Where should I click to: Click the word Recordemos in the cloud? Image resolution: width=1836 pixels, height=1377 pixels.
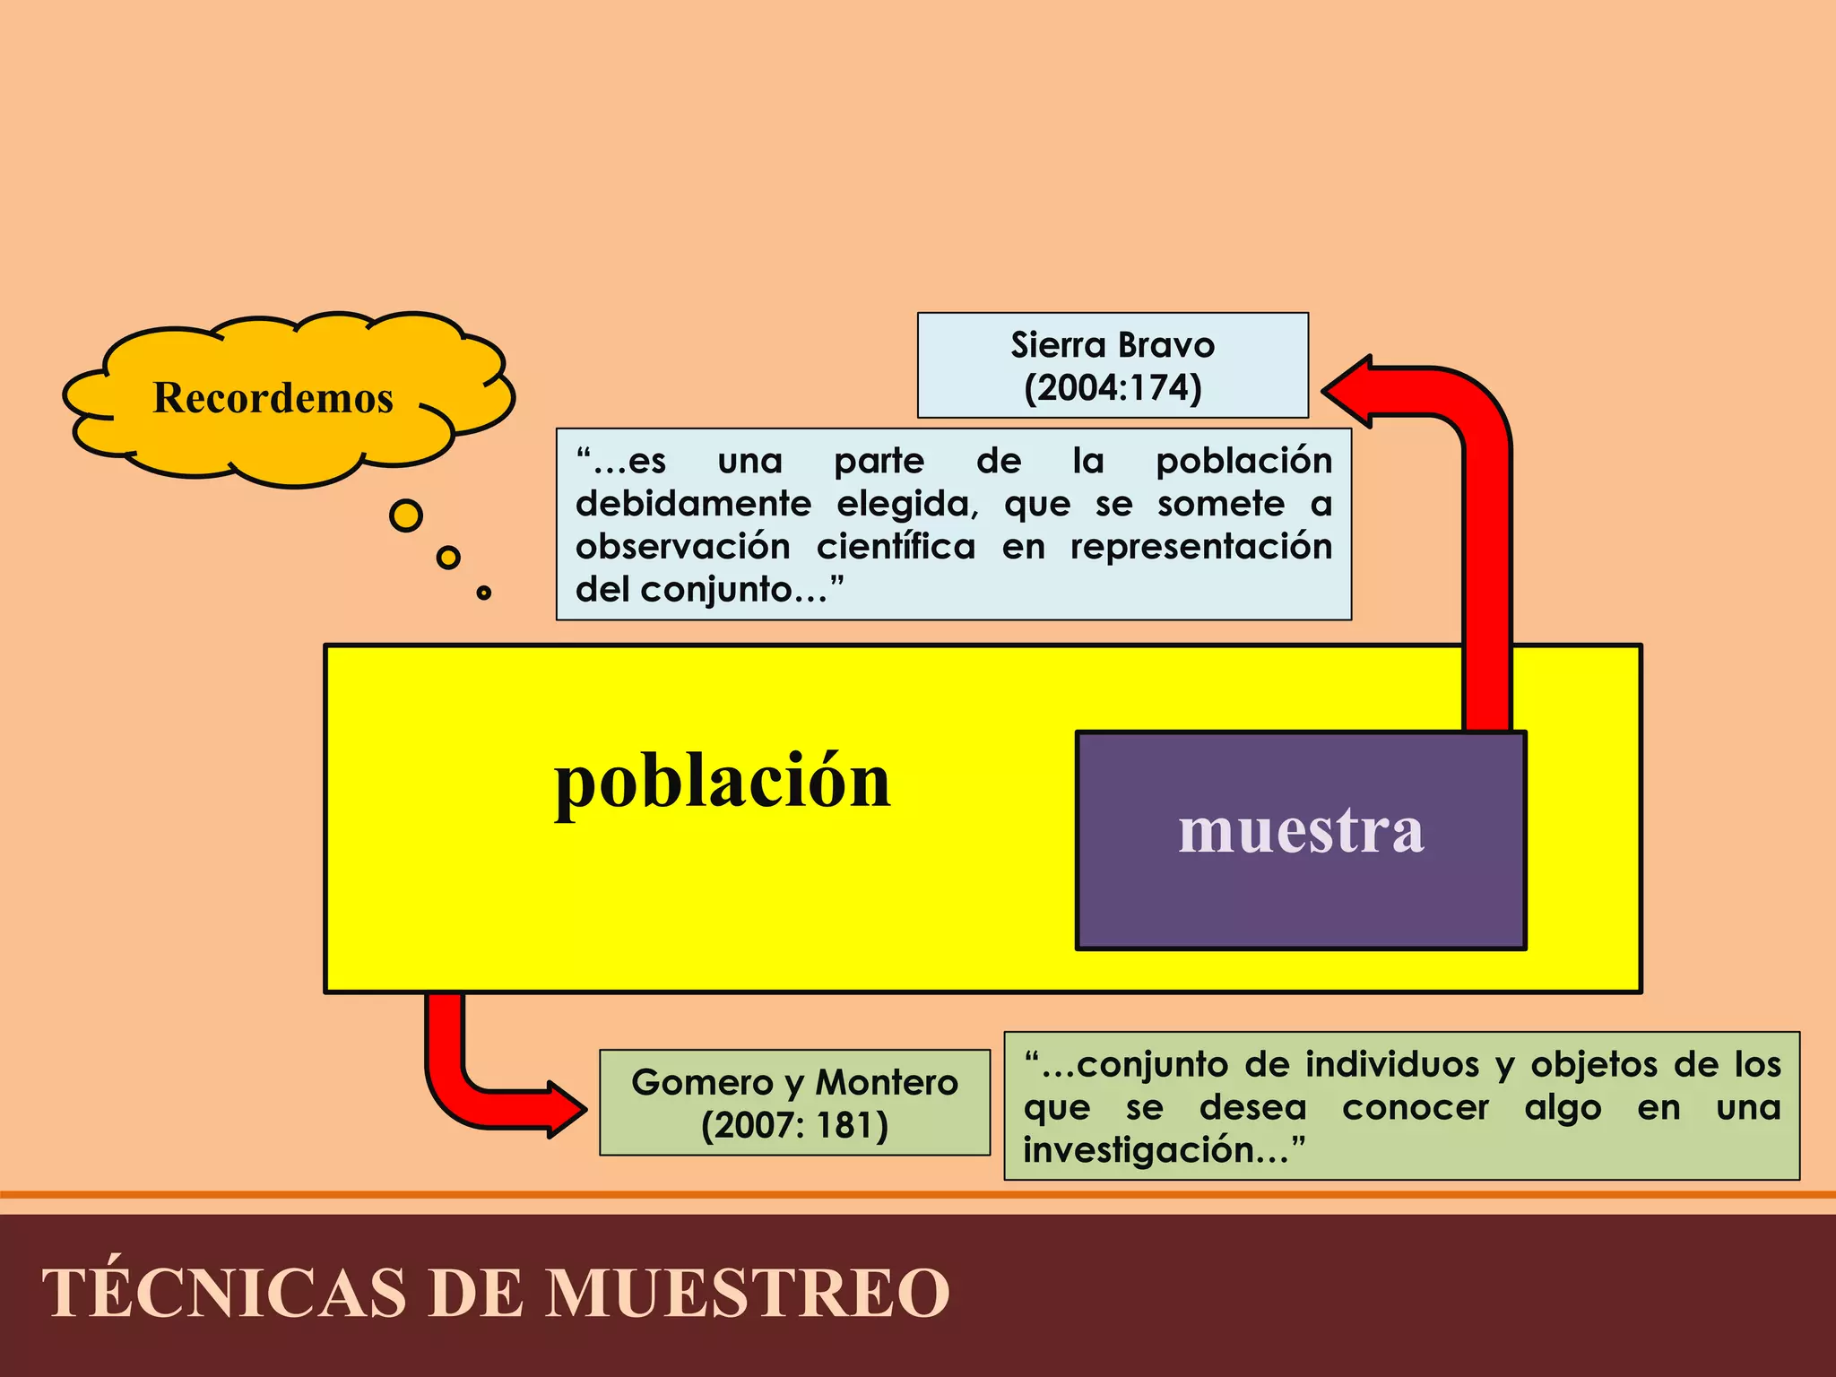273,397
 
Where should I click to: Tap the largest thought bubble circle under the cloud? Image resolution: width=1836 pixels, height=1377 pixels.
406,515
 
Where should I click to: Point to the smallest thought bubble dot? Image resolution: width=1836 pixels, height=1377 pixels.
484,593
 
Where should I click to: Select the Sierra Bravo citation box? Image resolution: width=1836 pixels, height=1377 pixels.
1113,365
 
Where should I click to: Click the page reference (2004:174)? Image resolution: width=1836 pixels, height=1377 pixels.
1113,388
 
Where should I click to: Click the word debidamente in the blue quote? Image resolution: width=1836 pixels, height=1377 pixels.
693,504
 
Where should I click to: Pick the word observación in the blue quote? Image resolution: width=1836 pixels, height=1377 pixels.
683,547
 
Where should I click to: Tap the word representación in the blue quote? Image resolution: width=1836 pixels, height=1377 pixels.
1201,547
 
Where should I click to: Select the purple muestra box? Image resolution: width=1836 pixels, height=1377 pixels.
1301,840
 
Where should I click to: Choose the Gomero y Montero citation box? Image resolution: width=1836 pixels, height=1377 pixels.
794,1103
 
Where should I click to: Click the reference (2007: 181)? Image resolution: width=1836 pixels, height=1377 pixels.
794,1126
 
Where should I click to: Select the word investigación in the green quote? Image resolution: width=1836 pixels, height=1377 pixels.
1156,1151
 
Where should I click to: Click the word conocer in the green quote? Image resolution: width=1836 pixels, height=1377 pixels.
1416,1108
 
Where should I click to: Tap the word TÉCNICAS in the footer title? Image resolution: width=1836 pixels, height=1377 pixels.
224,1293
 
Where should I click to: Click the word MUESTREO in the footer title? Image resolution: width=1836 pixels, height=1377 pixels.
749,1293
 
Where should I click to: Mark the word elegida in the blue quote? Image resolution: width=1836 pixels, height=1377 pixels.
906,504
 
